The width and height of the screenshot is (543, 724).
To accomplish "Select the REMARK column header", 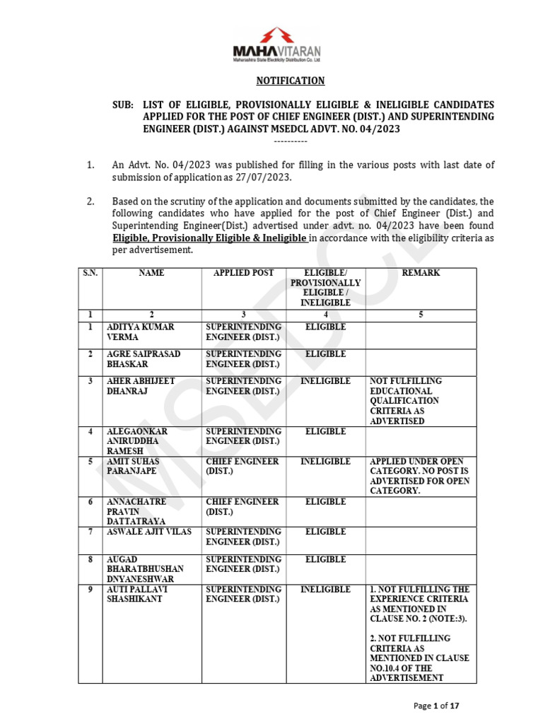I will [x=420, y=273].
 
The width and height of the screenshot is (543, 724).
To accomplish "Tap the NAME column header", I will [x=151, y=273].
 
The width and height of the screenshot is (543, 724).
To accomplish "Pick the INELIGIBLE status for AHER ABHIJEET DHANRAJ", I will [x=325, y=381].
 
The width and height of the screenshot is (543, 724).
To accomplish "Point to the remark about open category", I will [x=419, y=476].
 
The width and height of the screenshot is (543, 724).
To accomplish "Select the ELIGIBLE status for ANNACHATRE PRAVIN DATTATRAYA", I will [x=325, y=502].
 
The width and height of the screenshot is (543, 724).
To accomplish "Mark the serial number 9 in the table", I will [x=90, y=589].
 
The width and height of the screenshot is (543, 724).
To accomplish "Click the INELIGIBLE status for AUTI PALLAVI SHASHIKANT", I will [x=325, y=589].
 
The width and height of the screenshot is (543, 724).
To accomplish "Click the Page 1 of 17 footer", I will [x=436, y=705].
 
